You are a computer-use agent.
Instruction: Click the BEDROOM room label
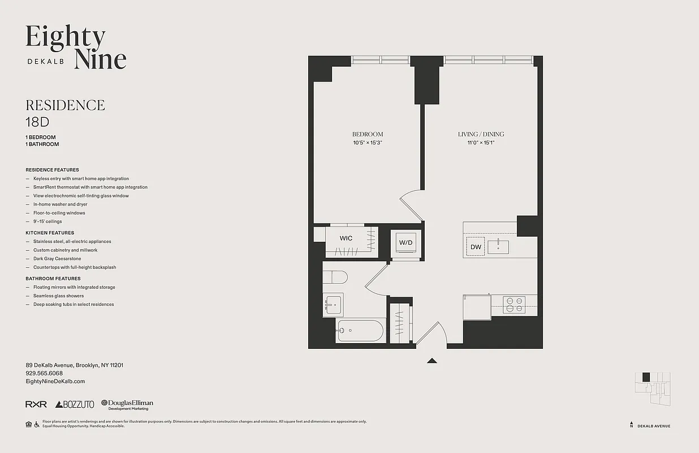click(368, 134)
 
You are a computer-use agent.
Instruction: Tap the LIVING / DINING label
click(481, 134)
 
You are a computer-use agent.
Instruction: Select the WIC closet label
click(346, 238)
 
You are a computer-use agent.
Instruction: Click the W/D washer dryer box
click(406, 242)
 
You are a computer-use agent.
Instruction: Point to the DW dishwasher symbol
click(476, 247)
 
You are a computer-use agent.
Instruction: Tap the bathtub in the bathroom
click(360, 331)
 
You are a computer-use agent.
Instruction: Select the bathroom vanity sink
click(333, 305)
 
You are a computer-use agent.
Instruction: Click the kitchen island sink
click(498, 247)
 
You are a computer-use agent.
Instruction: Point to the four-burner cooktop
click(515, 305)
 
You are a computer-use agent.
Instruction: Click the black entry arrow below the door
click(432, 360)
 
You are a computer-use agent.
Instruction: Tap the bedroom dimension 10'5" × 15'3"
click(368, 143)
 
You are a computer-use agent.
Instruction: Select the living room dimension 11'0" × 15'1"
click(481, 143)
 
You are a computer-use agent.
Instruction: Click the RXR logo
click(36, 404)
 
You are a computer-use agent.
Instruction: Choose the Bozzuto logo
click(75, 404)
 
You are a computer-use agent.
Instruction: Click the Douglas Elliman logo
click(127, 404)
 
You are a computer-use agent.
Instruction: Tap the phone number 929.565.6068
click(44, 374)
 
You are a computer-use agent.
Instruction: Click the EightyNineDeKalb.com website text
click(55, 382)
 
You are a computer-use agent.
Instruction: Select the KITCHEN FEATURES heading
click(50, 233)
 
